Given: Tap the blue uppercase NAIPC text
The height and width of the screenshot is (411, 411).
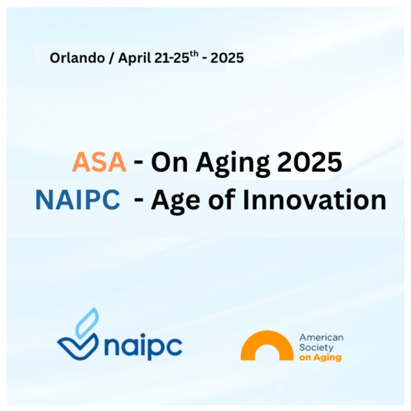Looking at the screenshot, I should (78, 200).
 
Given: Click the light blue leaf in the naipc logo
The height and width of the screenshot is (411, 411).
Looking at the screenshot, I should (88, 322).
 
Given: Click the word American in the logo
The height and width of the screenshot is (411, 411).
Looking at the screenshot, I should (321, 338).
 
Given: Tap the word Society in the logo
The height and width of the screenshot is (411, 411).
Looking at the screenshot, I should (316, 347).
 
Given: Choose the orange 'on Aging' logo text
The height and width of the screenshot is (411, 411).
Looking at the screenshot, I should (320, 358).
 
